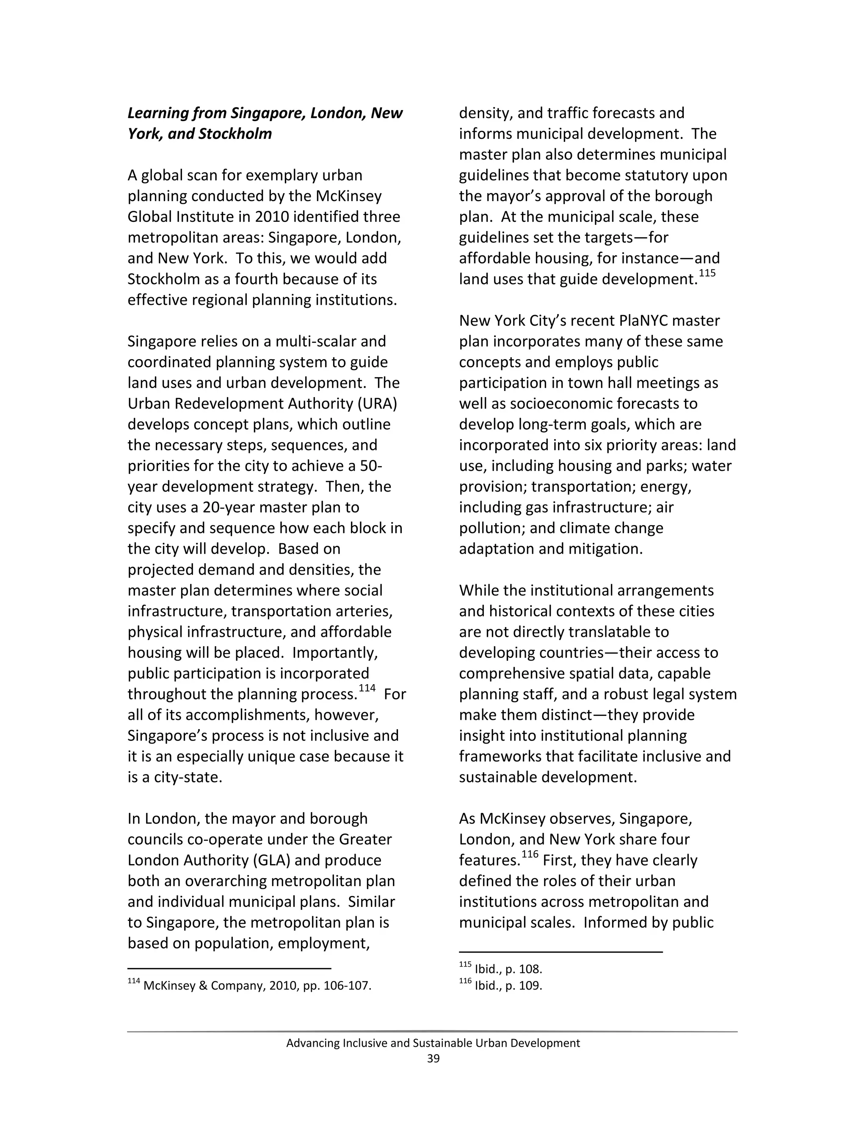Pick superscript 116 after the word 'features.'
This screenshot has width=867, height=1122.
point(530,854)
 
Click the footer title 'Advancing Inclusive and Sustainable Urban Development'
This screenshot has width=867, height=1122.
point(433,1043)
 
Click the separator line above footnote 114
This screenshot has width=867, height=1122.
point(229,968)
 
